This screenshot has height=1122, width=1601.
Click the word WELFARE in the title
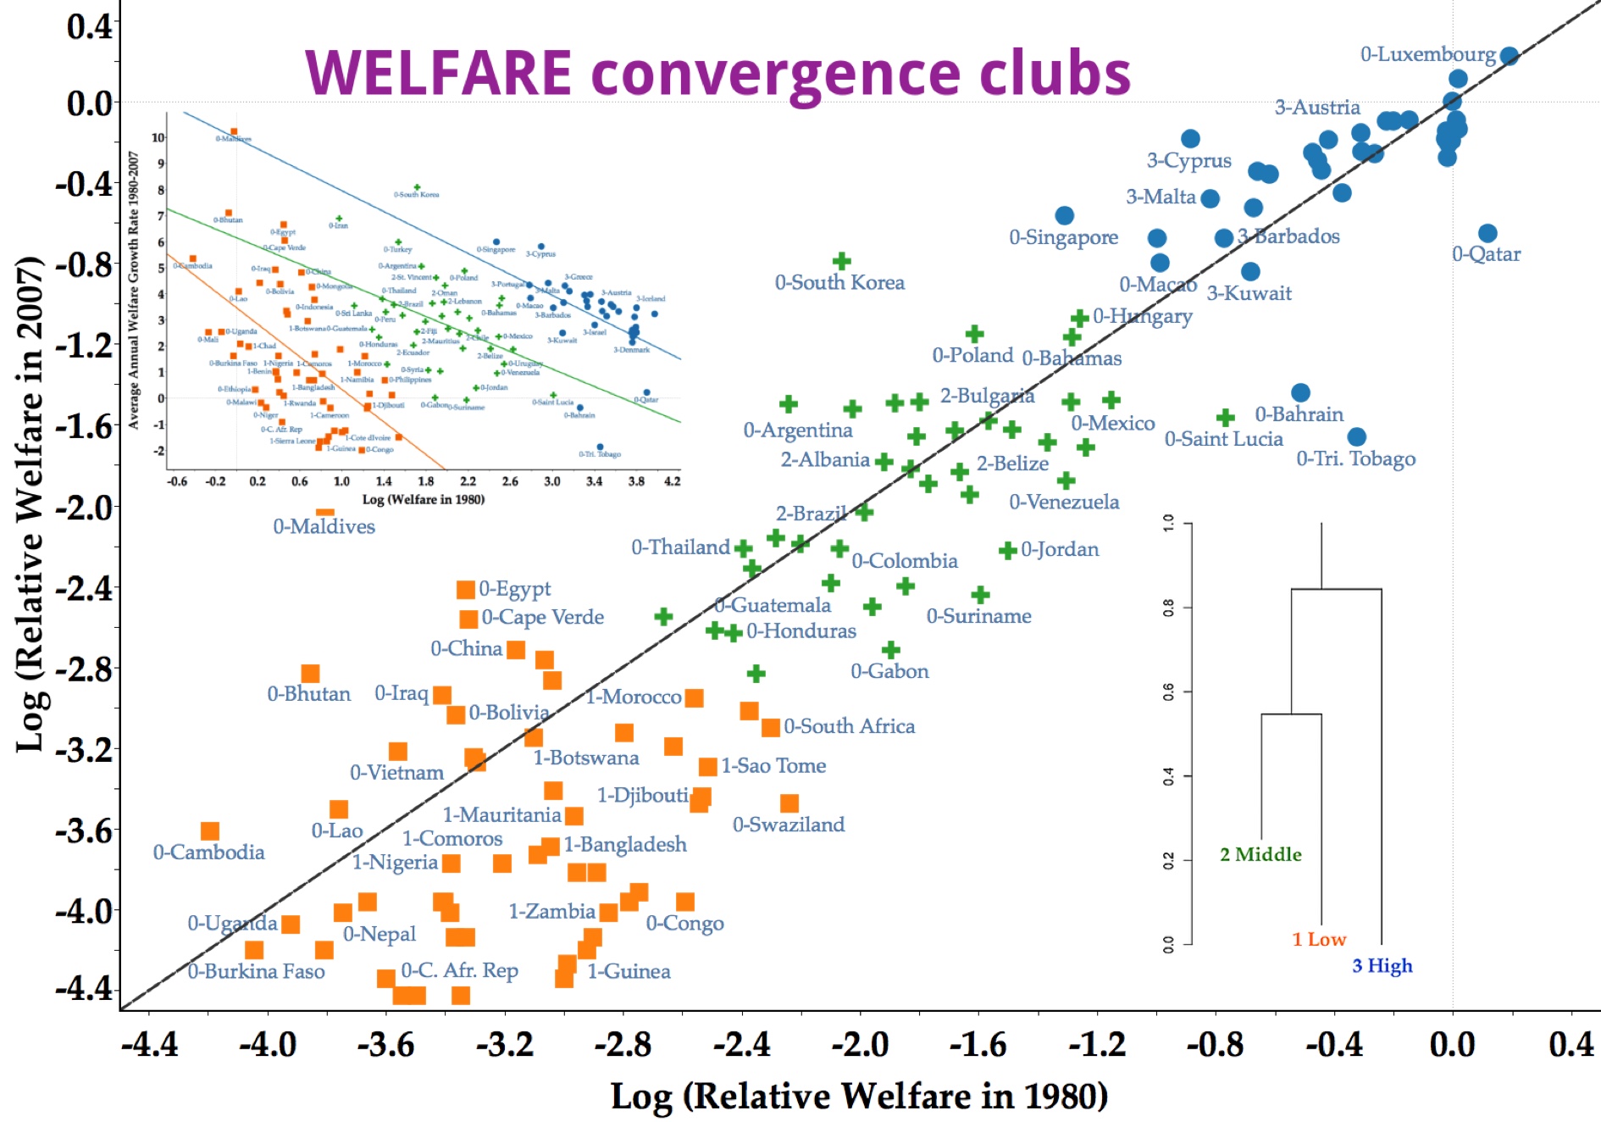(x=437, y=73)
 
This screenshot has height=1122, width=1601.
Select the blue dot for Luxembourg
(x=1509, y=56)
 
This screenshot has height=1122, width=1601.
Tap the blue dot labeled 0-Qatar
(x=1487, y=233)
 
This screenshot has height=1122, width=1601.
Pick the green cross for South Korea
(x=841, y=261)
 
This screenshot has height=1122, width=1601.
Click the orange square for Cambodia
(x=210, y=831)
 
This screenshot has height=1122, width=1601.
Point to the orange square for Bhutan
(x=310, y=674)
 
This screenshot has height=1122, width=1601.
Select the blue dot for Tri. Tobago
(x=1356, y=437)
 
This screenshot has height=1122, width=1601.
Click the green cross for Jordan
(x=1007, y=551)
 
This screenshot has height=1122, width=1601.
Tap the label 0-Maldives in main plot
(x=324, y=527)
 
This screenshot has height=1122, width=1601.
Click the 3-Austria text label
(x=1317, y=108)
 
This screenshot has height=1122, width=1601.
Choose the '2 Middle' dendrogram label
(x=1260, y=854)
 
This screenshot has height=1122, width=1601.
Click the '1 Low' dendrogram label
(x=1319, y=939)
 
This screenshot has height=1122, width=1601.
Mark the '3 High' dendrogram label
(x=1382, y=966)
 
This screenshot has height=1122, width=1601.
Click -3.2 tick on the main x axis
(x=505, y=1044)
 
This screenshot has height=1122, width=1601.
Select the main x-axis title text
(x=859, y=1097)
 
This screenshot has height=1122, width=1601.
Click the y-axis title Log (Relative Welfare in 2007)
(x=30, y=503)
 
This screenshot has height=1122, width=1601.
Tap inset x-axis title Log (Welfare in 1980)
(x=424, y=499)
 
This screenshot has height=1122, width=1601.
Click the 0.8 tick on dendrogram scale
(x=1168, y=608)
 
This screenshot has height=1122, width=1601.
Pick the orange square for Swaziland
(x=789, y=803)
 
